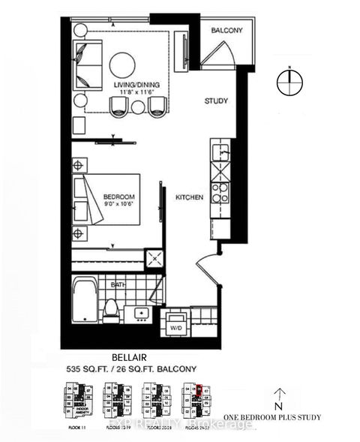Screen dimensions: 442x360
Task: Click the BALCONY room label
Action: (x=226, y=31)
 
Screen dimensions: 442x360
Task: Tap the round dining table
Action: (x=124, y=64)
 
